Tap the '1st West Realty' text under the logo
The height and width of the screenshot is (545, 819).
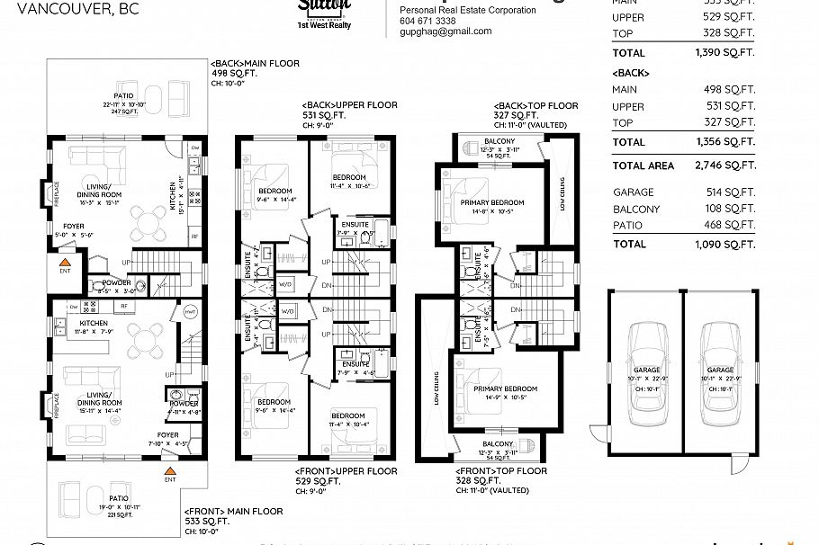point(324,25)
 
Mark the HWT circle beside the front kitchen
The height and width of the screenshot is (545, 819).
point(190,311)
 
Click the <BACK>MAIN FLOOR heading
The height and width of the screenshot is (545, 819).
point(255,65)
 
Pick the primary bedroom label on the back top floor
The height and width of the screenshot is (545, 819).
point(491,203)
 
